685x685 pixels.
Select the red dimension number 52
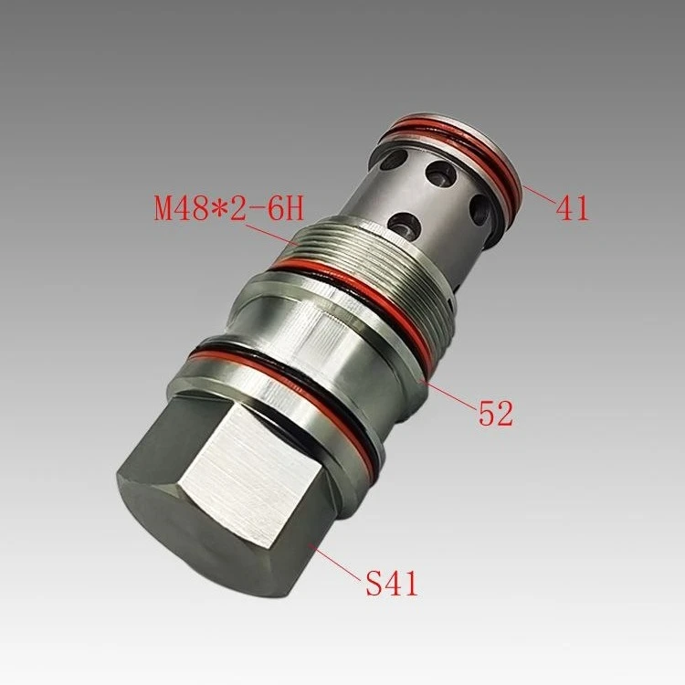pyautogui.click(x=496, y=414)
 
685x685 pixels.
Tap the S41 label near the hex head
pyautogui.click(x=391, y=581)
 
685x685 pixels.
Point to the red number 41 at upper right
pyautogui.click(x=573, y=207)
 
